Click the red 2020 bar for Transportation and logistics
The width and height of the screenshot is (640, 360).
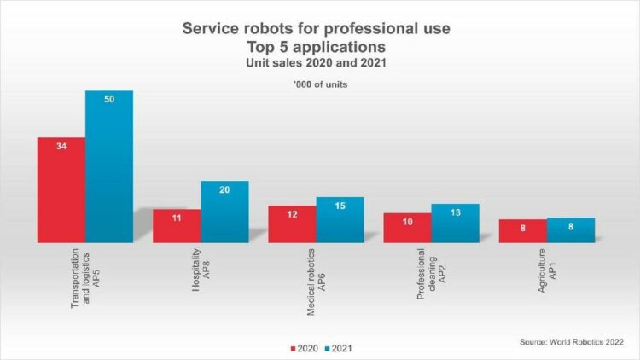61,190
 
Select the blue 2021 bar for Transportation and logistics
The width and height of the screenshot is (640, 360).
108,166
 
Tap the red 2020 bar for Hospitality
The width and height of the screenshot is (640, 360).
177,226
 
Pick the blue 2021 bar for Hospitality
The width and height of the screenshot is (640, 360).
224,212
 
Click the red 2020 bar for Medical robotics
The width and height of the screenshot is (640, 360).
292,224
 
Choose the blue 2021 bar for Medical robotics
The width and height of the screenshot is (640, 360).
340,220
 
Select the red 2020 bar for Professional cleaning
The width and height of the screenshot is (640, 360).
407,228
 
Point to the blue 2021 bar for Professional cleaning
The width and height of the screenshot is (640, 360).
455,224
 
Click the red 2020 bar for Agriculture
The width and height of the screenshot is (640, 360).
522,231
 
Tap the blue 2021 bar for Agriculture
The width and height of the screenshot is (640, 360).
570,230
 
